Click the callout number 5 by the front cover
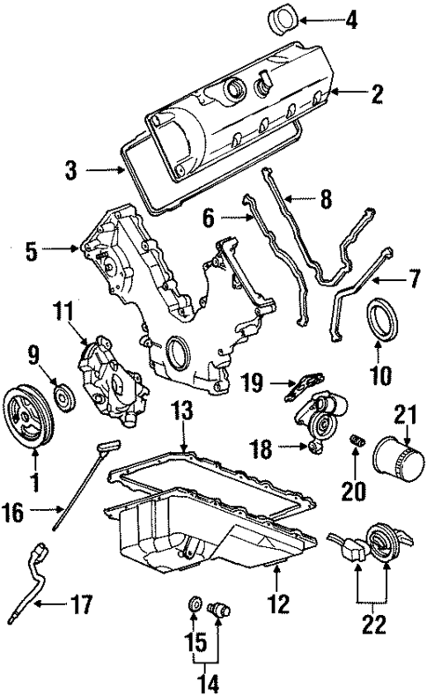[33, 251]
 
